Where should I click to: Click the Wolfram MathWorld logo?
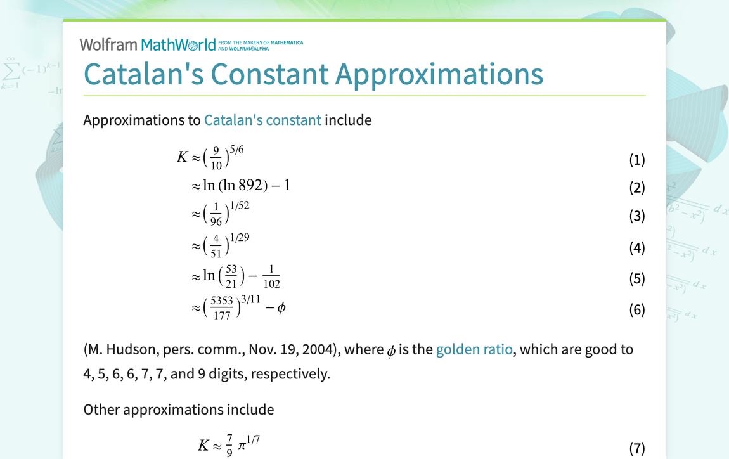(x=148, y=44)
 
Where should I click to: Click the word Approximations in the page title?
(x=439, y=74)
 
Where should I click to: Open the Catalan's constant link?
(x=262, y=120)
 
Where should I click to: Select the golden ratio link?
(x=474, y=349)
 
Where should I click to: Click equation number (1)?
(x=636, y=160)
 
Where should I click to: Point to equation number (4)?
(x=636, y=248)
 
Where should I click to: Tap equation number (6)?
(x=636, y=310)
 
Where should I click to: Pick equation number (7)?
(x=636, y=449)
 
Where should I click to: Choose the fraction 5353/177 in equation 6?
(x=222, y=309)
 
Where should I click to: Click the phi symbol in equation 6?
(x=281, y=308)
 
